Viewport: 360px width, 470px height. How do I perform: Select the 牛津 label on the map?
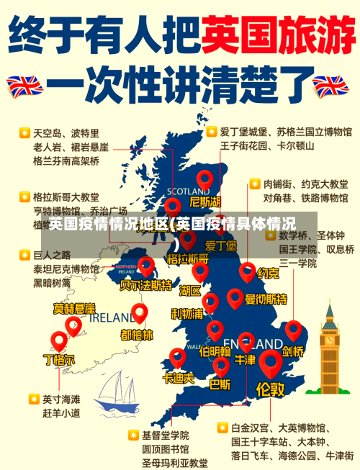[x=245, y=359]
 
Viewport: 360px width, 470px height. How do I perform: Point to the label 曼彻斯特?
[x=266, y=299]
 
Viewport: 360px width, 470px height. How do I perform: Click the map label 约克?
[x=269, y=274]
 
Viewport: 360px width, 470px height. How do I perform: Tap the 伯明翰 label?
[x=215, y=351]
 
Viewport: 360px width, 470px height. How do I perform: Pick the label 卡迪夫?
[x=178, y=377]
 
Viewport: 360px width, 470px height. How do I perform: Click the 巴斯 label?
[x=220, y=384]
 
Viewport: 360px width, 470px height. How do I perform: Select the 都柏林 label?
[x=137, y=335]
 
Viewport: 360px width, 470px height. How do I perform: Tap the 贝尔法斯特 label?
[x=146, y=286]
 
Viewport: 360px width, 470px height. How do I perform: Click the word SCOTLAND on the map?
[x=189, y=191]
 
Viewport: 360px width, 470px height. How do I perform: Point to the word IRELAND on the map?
[x=106, y=317]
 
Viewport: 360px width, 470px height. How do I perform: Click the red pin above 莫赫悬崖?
[x=73, y=325]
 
